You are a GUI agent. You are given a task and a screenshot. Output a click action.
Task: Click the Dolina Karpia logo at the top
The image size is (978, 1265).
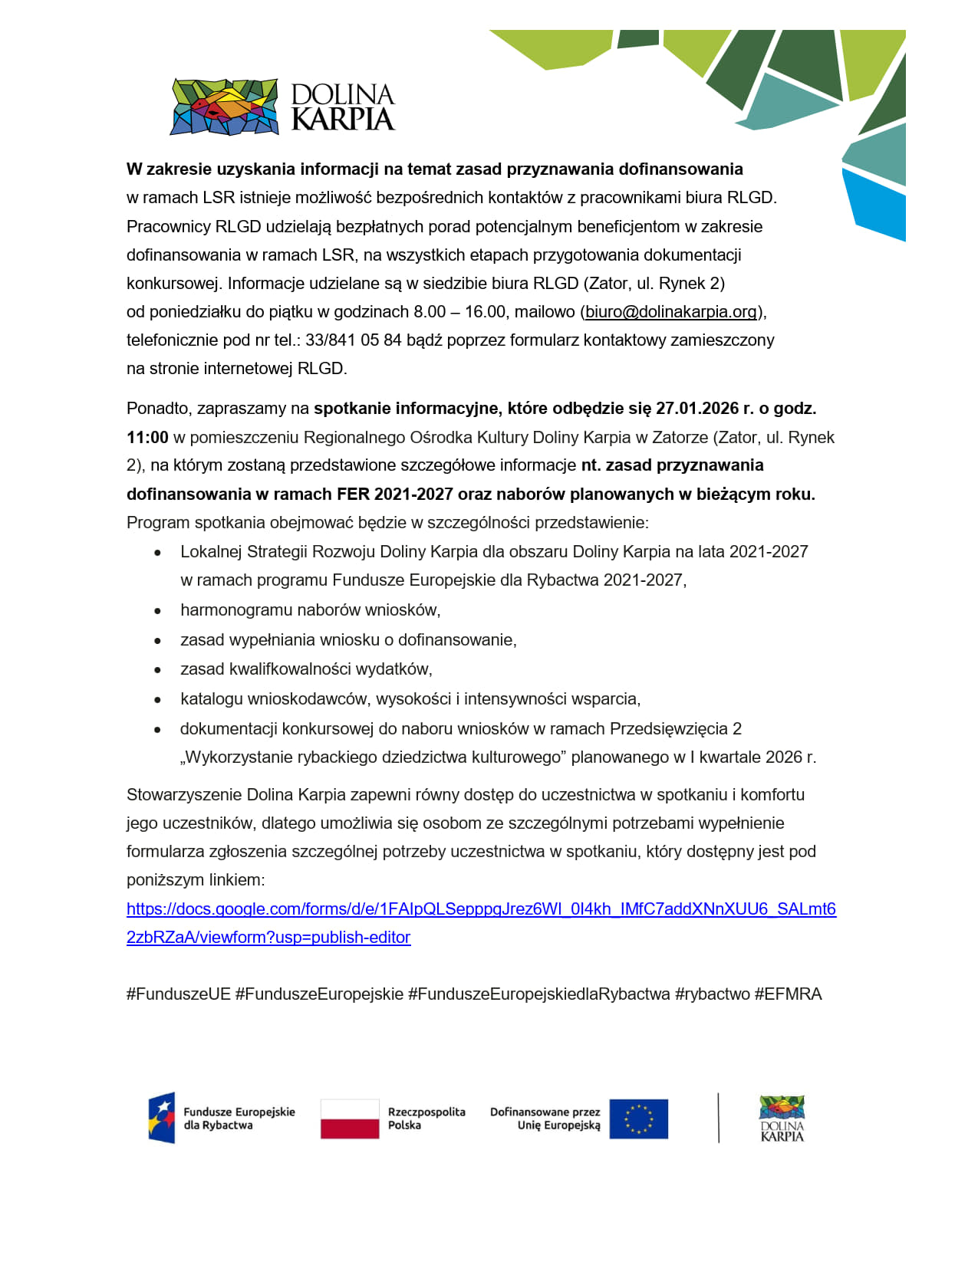tap(282, 107)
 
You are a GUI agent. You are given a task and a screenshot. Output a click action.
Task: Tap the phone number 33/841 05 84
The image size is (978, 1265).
tap(354, 340)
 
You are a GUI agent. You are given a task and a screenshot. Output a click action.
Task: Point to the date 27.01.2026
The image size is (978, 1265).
tap(696, 409)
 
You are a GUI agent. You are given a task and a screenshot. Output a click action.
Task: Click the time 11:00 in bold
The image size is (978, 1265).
tap(147, 438)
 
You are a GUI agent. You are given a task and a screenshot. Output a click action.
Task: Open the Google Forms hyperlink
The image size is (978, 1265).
tap(481, 909)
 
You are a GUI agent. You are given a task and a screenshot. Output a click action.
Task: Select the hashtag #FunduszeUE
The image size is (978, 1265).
tap(179, 994)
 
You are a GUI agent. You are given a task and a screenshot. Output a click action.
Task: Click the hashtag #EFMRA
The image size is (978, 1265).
tap(788, 994)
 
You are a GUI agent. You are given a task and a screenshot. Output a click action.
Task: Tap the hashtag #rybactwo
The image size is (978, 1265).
tap(712, 994)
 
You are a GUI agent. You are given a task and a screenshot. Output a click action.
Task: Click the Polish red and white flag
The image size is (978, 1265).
tap(350, 1119)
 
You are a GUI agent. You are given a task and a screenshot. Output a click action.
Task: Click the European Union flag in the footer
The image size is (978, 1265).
tap(639, 1119)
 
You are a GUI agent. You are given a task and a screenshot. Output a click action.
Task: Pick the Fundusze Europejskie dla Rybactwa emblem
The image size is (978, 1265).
tap(163, 1118)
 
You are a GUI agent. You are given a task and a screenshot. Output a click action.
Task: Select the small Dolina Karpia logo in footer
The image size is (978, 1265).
tap(782, 1119)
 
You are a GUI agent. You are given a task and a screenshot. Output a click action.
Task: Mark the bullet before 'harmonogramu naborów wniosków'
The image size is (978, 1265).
tap(158, 612)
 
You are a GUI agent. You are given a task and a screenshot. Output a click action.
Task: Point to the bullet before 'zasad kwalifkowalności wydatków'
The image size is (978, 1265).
tap(158, 671)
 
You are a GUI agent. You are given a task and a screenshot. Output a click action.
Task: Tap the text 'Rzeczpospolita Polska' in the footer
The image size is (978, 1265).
tap(426, 1119)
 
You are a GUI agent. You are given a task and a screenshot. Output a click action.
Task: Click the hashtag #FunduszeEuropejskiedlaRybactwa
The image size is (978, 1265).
tap(538, 994)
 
